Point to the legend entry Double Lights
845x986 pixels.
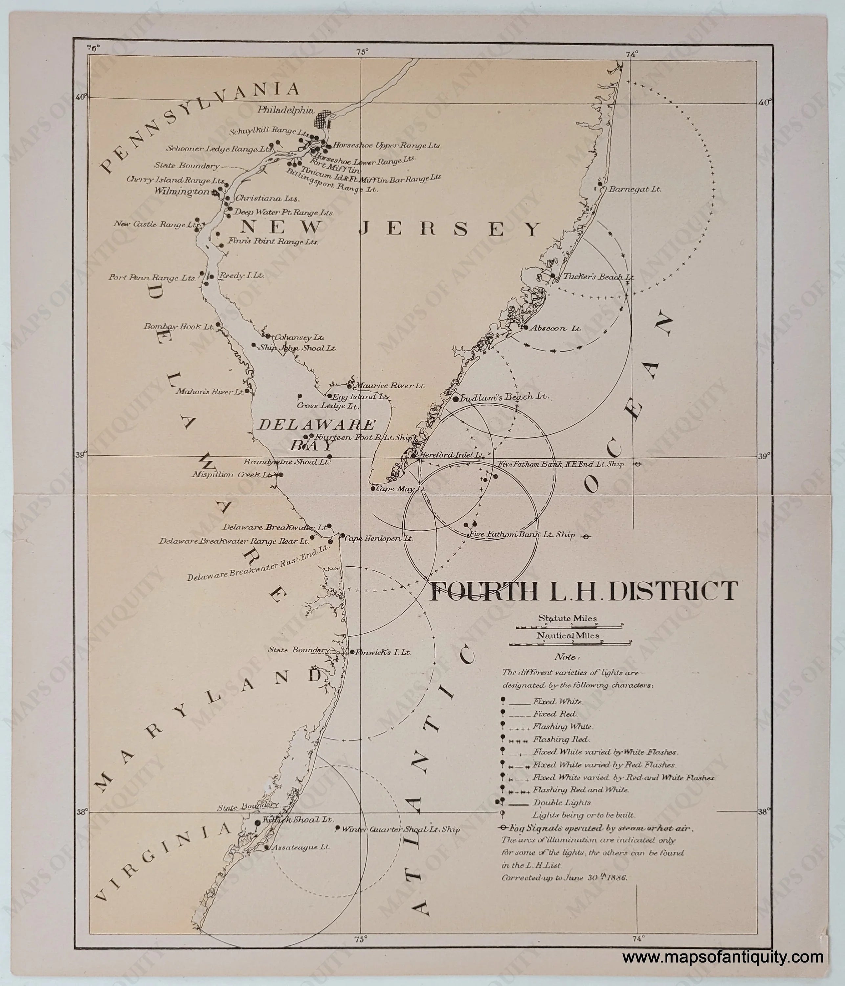(555, 802)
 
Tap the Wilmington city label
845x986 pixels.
(181, 192)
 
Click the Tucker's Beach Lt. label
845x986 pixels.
(598, 276)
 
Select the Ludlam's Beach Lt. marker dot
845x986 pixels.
(455, 399)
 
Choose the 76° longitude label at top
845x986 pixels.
(93, 48)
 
